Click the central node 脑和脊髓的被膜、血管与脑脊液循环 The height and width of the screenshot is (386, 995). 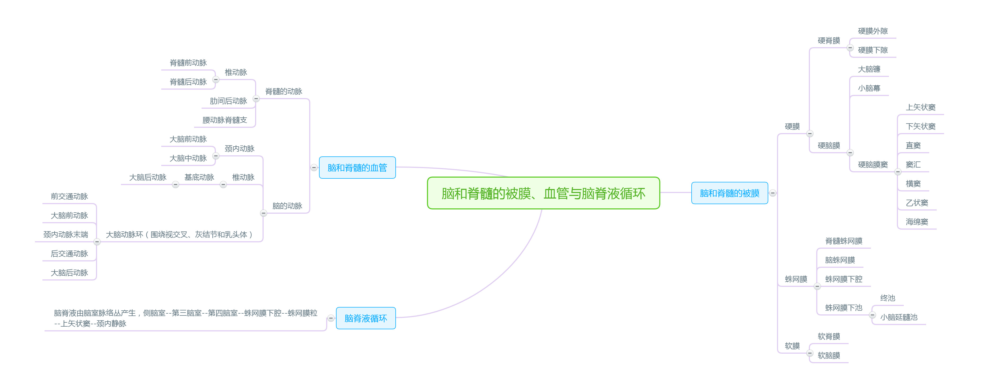click(x=543, y=193)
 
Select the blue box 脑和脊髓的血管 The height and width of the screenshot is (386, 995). click(x=357, y=168)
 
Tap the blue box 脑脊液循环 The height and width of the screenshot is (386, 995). click(x=365, y=318)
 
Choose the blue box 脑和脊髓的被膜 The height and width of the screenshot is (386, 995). click(x=729, y=193)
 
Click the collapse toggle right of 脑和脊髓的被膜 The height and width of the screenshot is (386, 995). click(x=773, y=193)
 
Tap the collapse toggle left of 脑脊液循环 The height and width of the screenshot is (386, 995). click(x=331, y=318)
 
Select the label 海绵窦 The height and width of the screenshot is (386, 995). click(x=917, y=222)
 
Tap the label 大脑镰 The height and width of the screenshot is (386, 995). click(x=869, y=69)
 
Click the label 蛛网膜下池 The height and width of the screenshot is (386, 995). click(x=844, y=308)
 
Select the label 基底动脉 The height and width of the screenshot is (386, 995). click(x=199, y=177)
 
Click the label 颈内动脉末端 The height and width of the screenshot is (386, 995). click(x=66, y=235)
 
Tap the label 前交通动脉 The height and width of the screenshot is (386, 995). click(x=69, y=196)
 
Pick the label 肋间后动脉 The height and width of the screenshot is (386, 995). click(x=228, y=101)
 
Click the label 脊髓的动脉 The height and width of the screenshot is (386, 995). click(x=283, y=91)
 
